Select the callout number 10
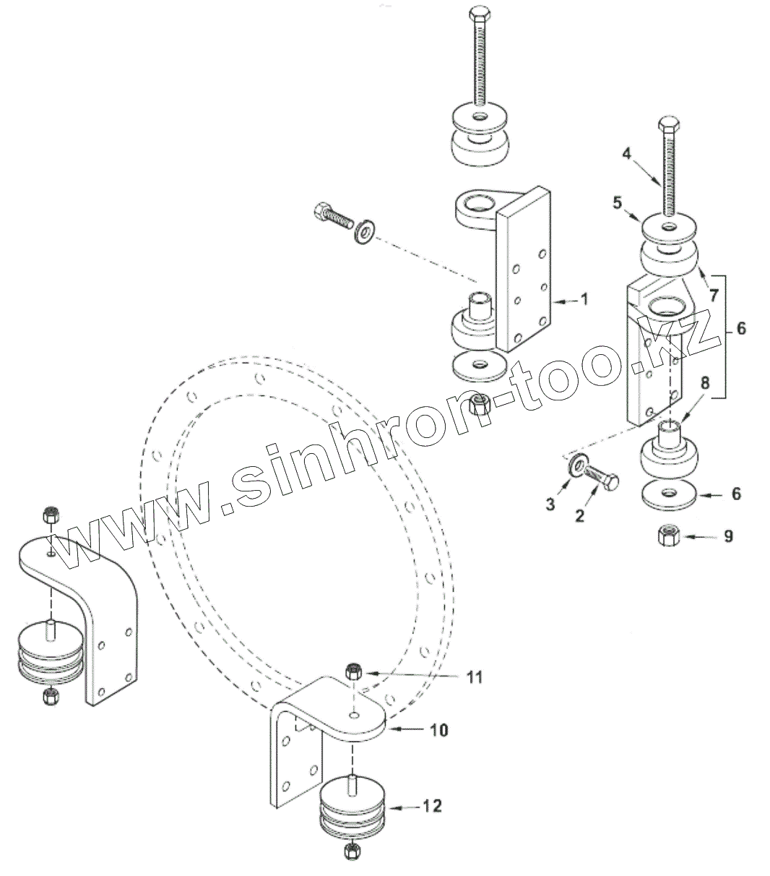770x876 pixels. coord(439,730)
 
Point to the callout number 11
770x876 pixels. coord(474,677)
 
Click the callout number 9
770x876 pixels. coord(728,536)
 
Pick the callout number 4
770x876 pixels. coord(627,153)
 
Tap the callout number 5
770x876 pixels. coord(617,204)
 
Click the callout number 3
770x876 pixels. coord(550,504)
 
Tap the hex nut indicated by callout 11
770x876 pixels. coord(353,671)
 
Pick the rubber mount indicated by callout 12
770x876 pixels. coord(350,808)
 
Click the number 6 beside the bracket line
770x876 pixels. coord(740,329)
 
